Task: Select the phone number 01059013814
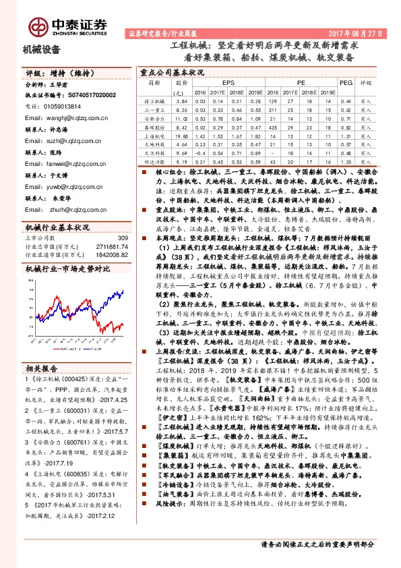click(x=61, y=106)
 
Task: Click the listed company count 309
click(x=122, y=237)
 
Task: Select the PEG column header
click(x=345, y=83)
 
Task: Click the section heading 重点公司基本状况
click(x=171, y=71)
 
